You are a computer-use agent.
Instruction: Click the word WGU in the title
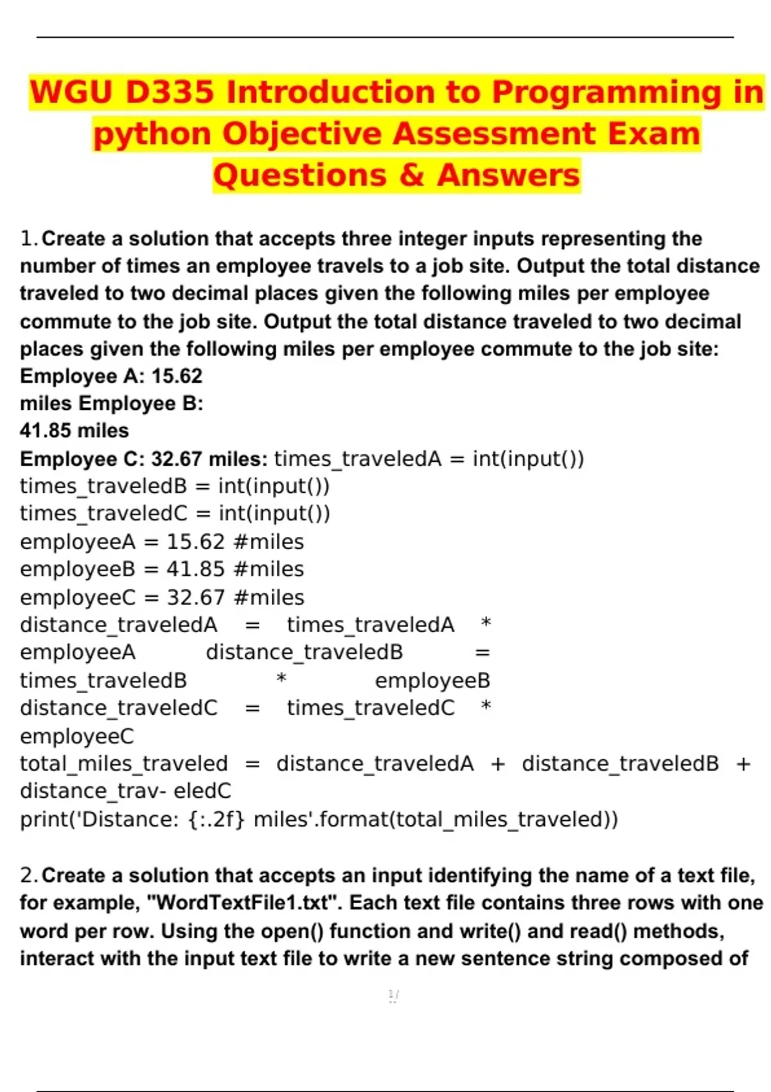pyautogui.click(x=71, y=92)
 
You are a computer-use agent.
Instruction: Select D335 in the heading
pyautogui.click(x=170, y=92)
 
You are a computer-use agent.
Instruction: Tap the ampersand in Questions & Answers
pyautogui.click(x=412, y=175)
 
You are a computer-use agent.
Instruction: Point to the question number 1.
pyautogui.click(x=29, y=239)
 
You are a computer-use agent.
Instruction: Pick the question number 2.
pyautogui.click(x=29, y=876)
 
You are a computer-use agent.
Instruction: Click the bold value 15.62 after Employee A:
pyautogui.click(x=177, y=376)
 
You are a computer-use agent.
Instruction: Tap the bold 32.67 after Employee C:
pyautogui.click(x=177, y=459)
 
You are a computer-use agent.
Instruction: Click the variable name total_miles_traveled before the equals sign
pyautogui.click(x=124, y=764)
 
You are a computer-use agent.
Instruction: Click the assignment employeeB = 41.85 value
pyautogui.click(x=195, y=570)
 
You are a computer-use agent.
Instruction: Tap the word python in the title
pyautogui.click(x=152, y=134)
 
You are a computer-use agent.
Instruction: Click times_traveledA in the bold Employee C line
pyautogui.click(x=358, y=459)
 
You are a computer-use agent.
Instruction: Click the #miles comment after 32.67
pyautogui.click(x=269, y=598)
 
